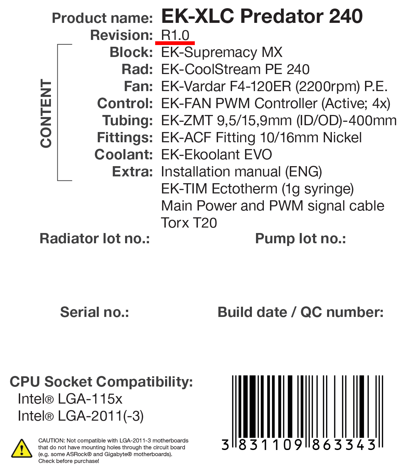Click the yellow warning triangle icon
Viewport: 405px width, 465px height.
(22, 449)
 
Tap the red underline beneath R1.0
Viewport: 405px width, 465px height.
(175, 43)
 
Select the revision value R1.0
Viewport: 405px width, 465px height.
(175, 35)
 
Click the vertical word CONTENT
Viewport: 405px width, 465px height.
(46, 113)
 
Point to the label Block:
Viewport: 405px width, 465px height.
(131, 52)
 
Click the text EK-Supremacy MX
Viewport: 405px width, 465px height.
(222, 52)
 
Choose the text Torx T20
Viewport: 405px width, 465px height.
(189, 222)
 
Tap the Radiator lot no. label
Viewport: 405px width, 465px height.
(95, 238)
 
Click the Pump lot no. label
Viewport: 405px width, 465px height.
(300, 238)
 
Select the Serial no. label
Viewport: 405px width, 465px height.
(94, 312)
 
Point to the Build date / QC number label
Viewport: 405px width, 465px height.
(300, 312)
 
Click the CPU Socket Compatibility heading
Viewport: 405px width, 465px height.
(101, 382)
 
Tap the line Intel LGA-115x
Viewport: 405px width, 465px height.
(70, 398)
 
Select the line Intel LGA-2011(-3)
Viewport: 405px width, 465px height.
(81, 416)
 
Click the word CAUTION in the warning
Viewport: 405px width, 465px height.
(52, 440)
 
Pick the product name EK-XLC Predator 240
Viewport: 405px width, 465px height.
(262, 16)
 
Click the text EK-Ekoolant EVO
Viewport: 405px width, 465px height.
(216, 155)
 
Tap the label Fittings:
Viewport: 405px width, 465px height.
(125, 137)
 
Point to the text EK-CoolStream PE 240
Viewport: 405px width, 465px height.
(235, 69)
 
